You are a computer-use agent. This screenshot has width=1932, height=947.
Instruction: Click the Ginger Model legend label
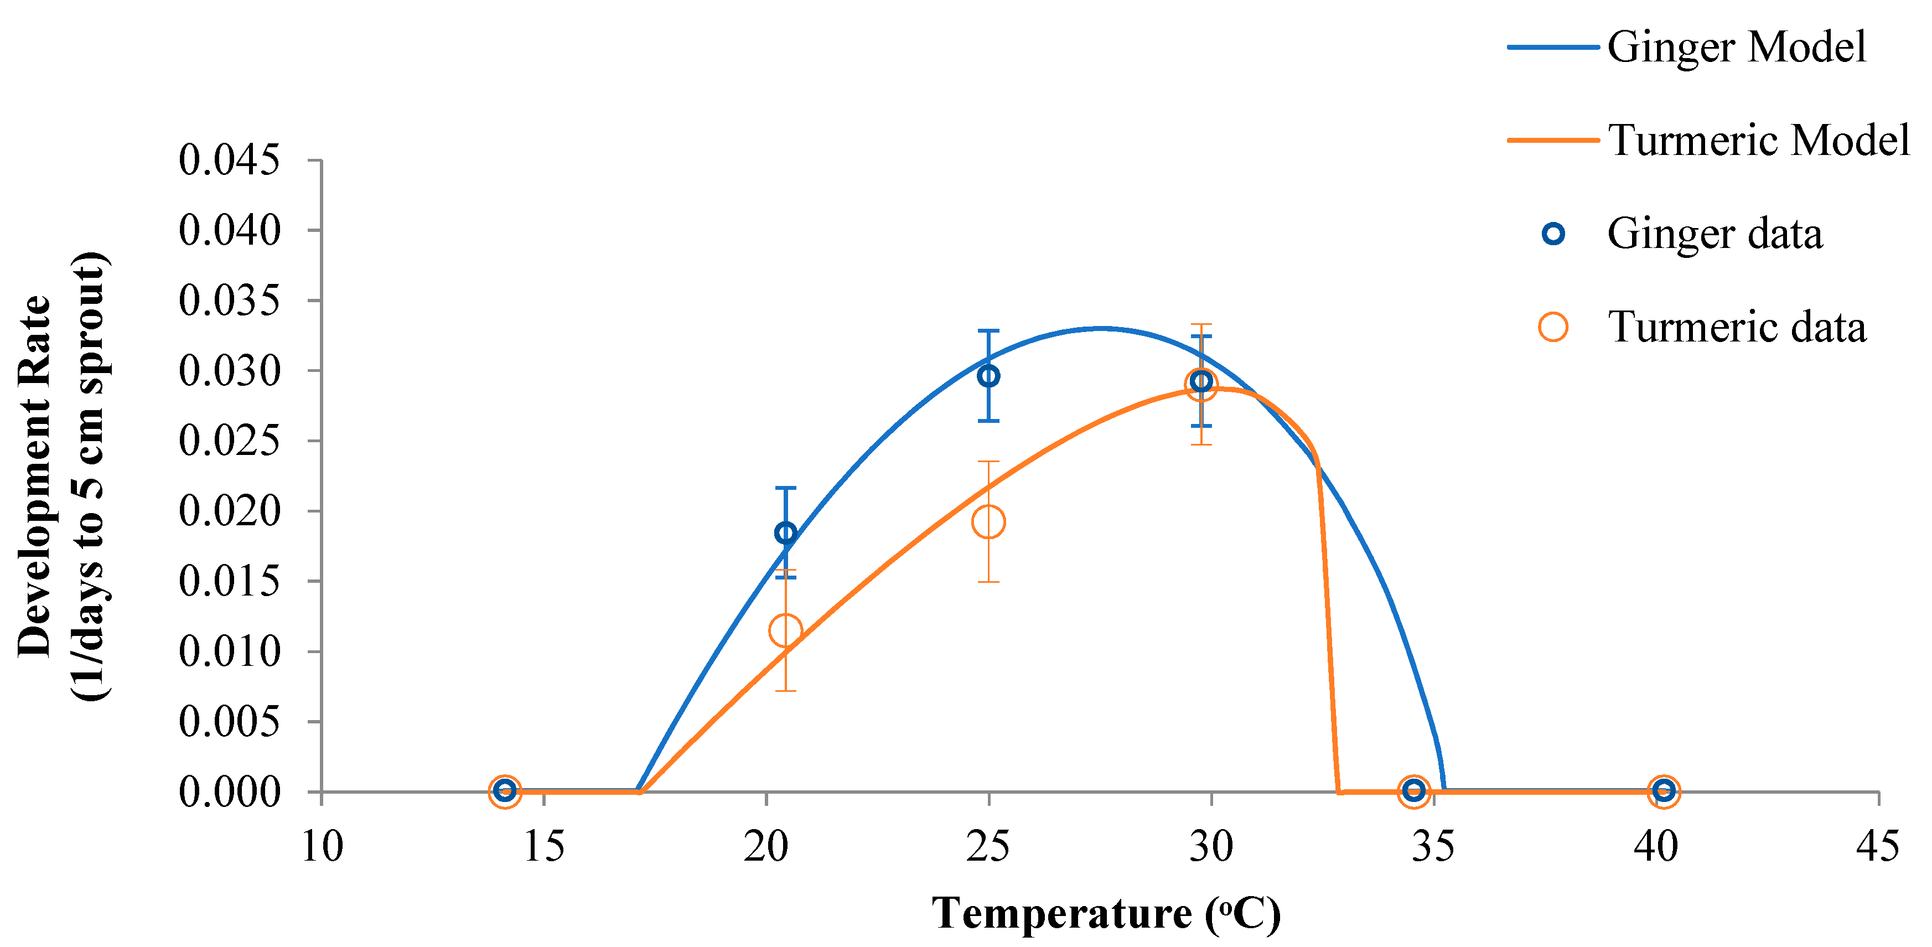1736,47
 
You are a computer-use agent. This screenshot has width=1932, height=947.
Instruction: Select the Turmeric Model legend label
1758,140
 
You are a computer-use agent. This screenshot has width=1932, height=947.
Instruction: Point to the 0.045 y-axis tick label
229,160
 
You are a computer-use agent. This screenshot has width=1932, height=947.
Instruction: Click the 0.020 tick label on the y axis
229,511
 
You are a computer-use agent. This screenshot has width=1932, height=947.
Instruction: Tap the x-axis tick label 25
988,846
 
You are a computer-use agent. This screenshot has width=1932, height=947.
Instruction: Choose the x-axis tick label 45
1877,846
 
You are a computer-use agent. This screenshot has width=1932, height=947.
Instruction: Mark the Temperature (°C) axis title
1106,913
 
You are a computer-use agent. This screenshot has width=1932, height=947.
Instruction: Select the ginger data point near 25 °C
988,376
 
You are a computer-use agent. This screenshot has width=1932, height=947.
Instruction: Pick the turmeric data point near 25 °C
988,522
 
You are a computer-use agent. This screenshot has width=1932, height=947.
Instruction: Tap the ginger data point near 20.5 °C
785,533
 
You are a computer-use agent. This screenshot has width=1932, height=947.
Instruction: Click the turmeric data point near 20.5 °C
785,630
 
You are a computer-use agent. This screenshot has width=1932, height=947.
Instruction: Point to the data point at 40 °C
1664,790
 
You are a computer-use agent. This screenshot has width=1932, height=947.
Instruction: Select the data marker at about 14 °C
505,790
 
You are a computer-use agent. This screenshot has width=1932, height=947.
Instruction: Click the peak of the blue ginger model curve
1100,328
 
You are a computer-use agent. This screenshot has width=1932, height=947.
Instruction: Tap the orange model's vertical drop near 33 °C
1328,630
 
